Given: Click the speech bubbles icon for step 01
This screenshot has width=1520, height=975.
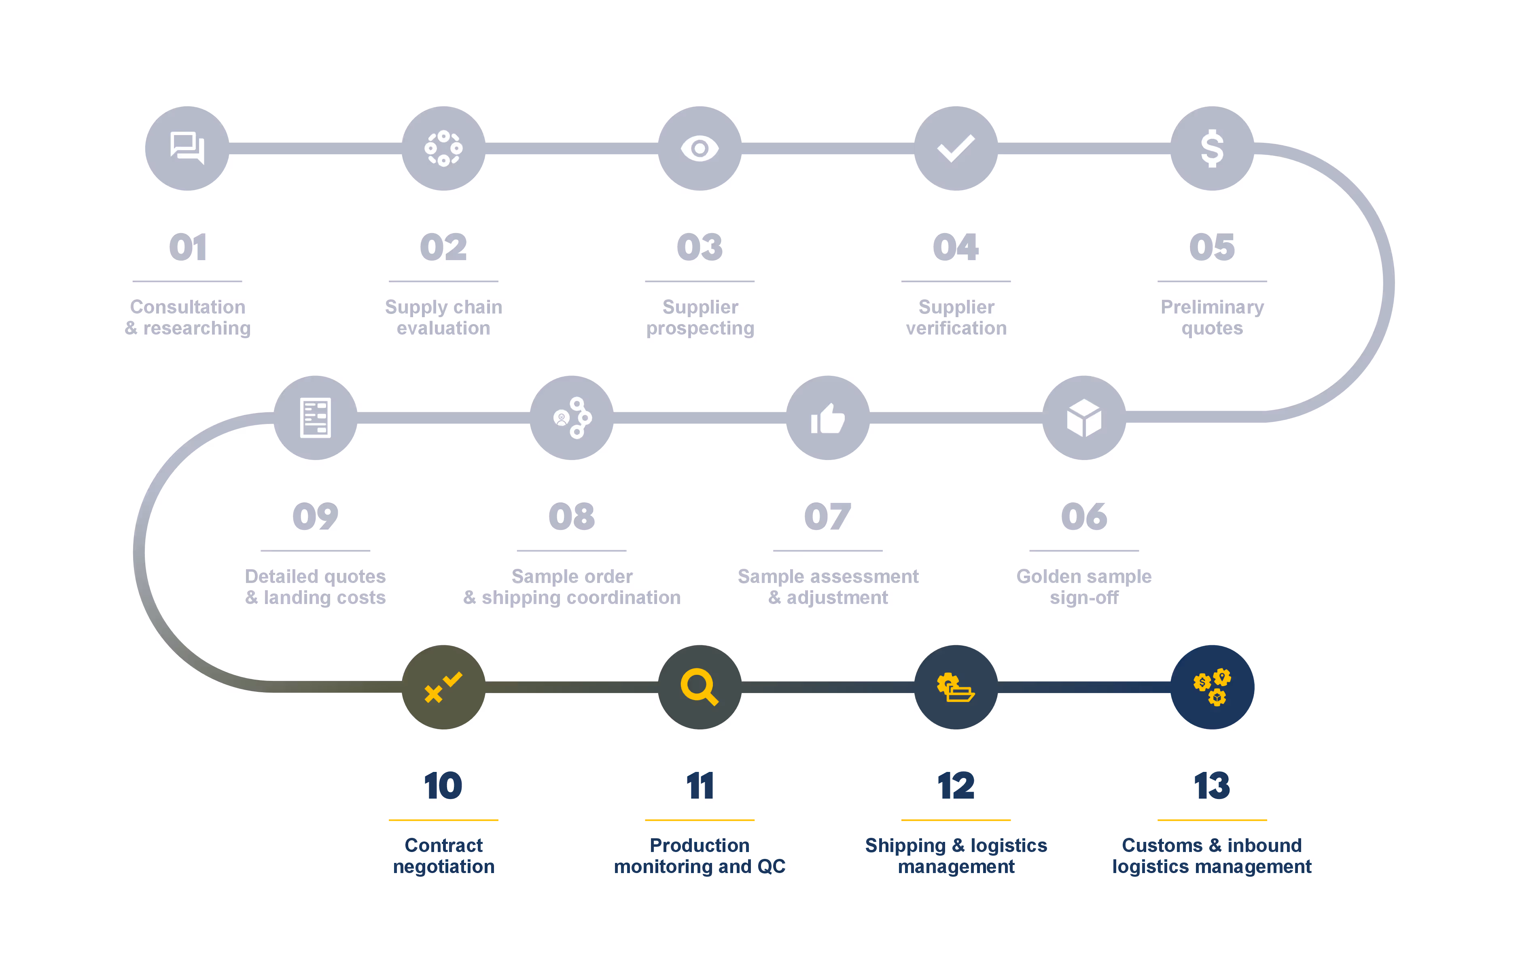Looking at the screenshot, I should point(187,148).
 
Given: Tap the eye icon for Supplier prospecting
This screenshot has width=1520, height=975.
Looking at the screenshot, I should point(700,148).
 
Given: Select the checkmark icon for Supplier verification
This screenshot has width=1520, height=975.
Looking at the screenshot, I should point(956,148).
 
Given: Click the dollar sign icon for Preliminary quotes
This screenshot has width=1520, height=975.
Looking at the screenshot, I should point(1212,148).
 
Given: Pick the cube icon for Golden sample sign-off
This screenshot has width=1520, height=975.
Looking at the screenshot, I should point(1084,418).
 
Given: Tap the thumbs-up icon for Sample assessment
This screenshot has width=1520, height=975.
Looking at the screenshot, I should point(827,418).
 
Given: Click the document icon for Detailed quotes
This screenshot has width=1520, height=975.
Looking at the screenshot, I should point(315,418).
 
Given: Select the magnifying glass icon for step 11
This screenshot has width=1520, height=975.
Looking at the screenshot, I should point(700,687).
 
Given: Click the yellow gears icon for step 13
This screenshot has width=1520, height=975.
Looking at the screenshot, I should point(1212,687).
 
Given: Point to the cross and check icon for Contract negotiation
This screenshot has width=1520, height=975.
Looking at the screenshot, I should point(443,687).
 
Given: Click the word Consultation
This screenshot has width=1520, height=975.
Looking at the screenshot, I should point(187,307).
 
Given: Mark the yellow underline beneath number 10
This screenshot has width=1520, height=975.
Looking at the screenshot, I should point(443,820).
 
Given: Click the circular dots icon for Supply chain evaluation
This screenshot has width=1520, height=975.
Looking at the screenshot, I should point(443,148).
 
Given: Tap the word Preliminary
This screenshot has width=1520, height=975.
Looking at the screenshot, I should point(1212,307).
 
